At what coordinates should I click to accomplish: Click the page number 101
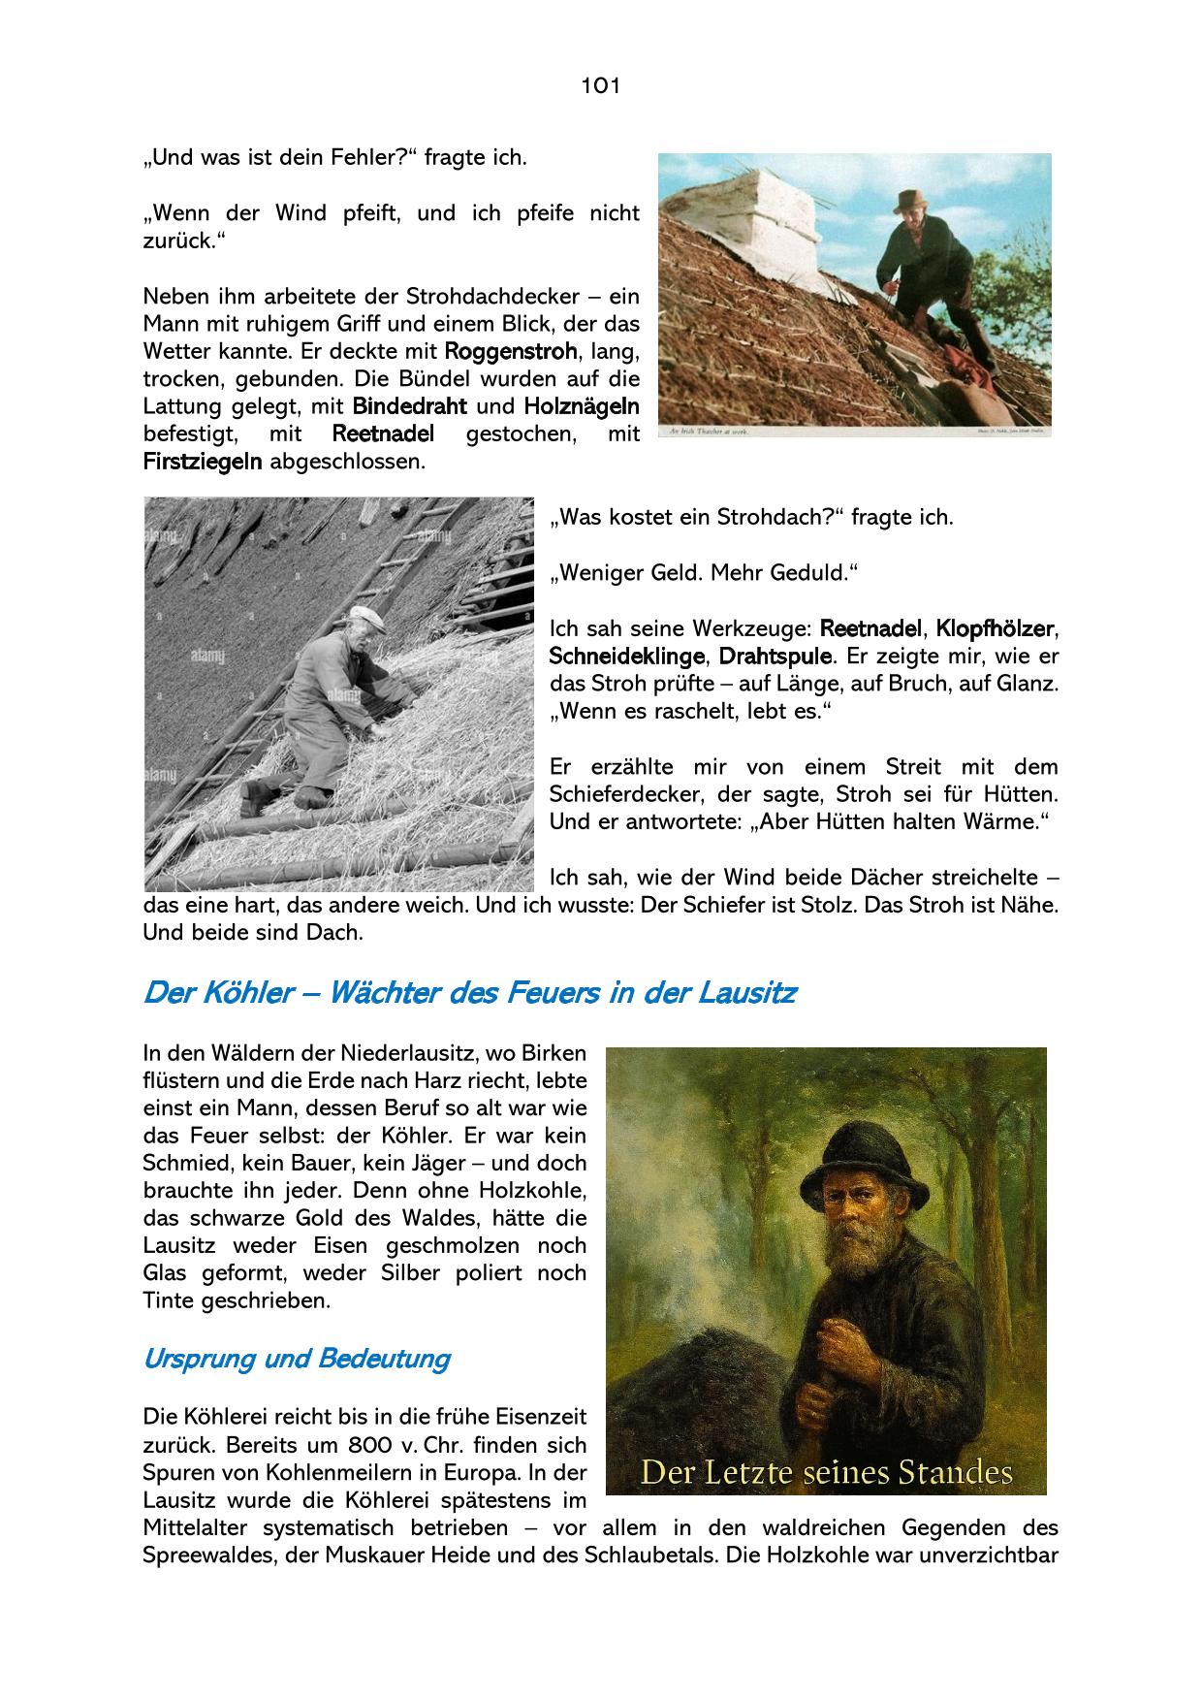click(x=600, y=85)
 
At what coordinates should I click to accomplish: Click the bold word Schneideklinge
click(x=626, y=656)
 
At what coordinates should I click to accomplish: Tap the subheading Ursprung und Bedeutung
click(x=296, y=1359)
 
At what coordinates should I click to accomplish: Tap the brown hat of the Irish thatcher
click(x=910, y=201)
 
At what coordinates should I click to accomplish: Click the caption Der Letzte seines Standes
click(x=827, y=1473)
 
